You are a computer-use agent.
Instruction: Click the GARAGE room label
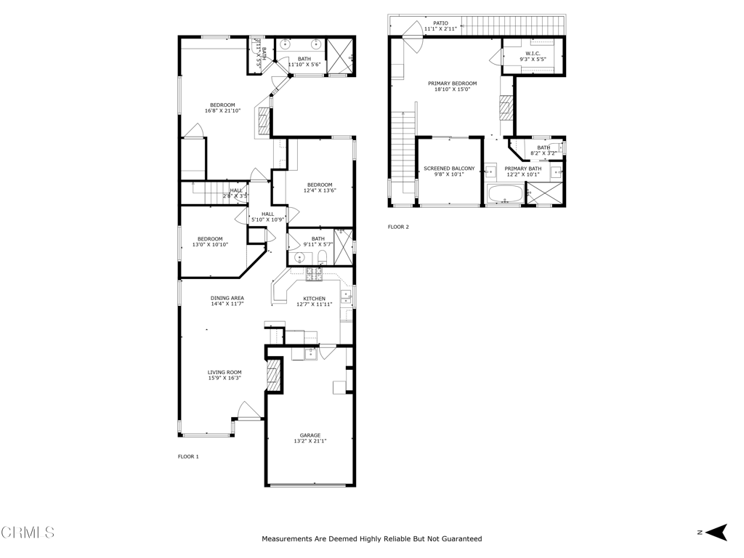310,435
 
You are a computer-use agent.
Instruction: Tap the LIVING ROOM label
225,372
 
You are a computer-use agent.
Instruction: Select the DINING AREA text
227,298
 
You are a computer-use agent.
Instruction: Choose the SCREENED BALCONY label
449,169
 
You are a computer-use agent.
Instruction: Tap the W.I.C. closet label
533,53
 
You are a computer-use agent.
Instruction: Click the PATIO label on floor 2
441,23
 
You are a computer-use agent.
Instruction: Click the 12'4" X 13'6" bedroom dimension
320,190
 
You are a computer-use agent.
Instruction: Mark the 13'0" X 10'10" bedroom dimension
210,245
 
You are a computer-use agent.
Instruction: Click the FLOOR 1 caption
188,456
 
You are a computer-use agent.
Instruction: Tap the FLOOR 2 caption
398,227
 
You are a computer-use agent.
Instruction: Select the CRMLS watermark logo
28,533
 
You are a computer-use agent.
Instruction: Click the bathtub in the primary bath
505,195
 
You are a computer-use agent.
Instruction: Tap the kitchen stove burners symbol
314,273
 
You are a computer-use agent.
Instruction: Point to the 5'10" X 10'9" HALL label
268,217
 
